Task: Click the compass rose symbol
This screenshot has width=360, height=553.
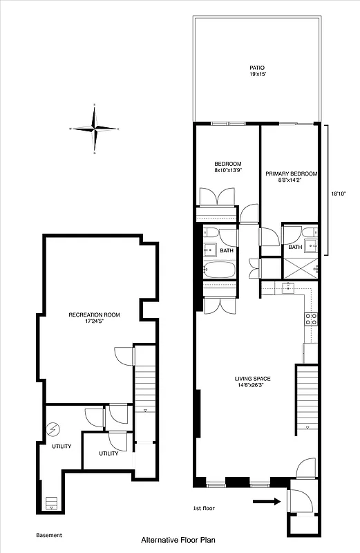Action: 95,129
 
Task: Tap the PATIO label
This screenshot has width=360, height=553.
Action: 257,68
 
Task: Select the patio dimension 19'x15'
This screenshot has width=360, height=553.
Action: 257,75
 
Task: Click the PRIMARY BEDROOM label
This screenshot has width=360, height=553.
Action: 292,174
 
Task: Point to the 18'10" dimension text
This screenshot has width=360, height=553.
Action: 339,194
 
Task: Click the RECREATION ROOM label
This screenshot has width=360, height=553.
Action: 94,315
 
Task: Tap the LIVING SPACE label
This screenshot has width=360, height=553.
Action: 252,379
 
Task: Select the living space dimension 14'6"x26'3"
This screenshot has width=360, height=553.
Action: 252,385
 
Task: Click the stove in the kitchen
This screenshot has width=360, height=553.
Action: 311,319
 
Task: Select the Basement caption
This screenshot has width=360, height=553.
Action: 48,535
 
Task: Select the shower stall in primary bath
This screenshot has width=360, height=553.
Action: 301,265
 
